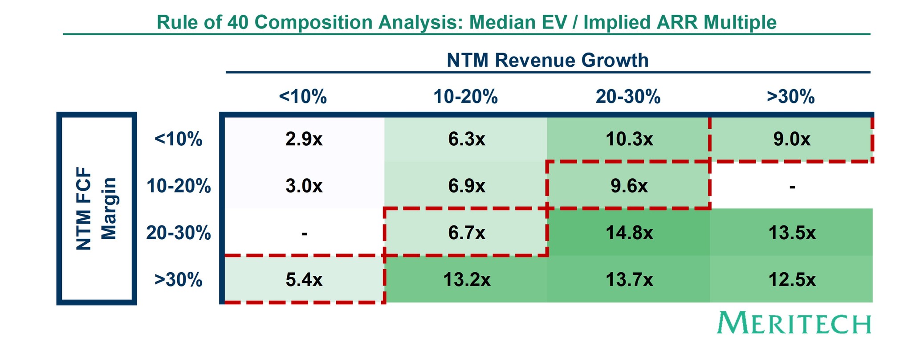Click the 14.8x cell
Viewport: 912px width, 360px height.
629,233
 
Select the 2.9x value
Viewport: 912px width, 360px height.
304,139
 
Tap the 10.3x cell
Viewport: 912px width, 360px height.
629,139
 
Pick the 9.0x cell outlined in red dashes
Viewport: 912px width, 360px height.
792,139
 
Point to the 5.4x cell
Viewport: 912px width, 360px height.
304,280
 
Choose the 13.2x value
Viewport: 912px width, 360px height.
467,280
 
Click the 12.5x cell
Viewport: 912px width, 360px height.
792,280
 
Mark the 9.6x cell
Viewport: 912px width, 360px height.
629,186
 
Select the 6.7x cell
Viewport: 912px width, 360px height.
467,233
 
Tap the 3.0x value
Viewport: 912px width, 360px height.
304,186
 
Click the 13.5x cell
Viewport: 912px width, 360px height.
792,233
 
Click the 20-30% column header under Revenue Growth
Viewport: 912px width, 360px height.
628,97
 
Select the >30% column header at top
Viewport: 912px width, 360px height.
790,97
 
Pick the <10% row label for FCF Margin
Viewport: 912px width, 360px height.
178,139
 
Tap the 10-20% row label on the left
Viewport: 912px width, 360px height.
179,186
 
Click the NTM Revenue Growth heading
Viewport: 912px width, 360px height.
547,61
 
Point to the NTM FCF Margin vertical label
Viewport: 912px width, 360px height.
96,209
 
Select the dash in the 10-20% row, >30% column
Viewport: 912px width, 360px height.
792,187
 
